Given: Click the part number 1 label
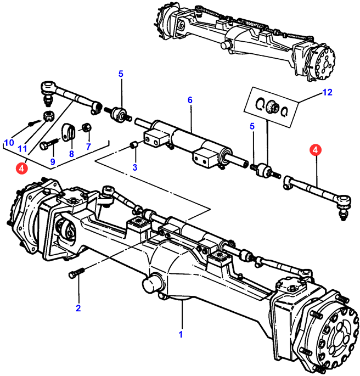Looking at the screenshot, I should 181,333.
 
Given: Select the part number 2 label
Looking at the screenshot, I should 78,308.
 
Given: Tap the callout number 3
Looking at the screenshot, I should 135,167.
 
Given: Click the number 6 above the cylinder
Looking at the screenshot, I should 190,100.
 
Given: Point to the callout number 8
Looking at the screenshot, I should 71,154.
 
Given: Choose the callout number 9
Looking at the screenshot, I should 53,161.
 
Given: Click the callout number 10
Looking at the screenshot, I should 8,143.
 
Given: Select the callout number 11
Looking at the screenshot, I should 22,149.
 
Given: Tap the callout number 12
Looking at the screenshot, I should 328,93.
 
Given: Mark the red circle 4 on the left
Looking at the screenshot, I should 21,168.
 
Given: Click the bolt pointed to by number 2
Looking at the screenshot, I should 76,272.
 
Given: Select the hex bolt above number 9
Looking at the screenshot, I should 49,145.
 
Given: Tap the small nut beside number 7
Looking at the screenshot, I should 86,128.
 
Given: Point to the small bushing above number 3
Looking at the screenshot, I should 133,145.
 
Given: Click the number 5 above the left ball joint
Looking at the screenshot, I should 121,74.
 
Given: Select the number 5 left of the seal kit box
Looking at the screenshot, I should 252,126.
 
